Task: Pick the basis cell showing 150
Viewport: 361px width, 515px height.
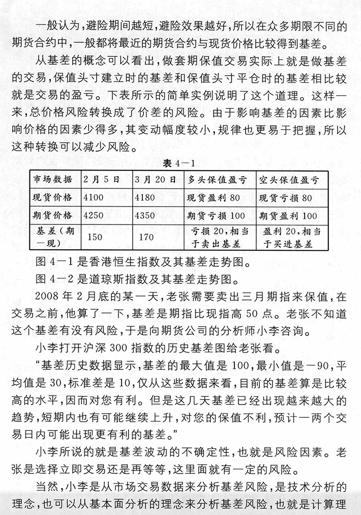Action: [95, 237]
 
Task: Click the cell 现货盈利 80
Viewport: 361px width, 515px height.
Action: [214, 197]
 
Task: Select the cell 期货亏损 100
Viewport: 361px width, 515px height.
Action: [216, 215]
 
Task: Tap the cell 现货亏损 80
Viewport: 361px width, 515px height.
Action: [285, 197]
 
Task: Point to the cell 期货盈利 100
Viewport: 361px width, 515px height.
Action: [288, 215]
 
